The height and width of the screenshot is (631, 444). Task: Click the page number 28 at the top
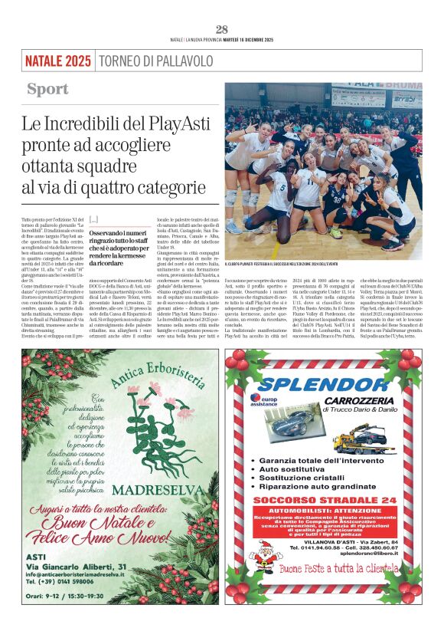click(222, 29)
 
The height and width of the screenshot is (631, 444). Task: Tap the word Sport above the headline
click(48, 89)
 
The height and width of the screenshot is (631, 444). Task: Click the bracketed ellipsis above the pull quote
click(93, 219)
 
